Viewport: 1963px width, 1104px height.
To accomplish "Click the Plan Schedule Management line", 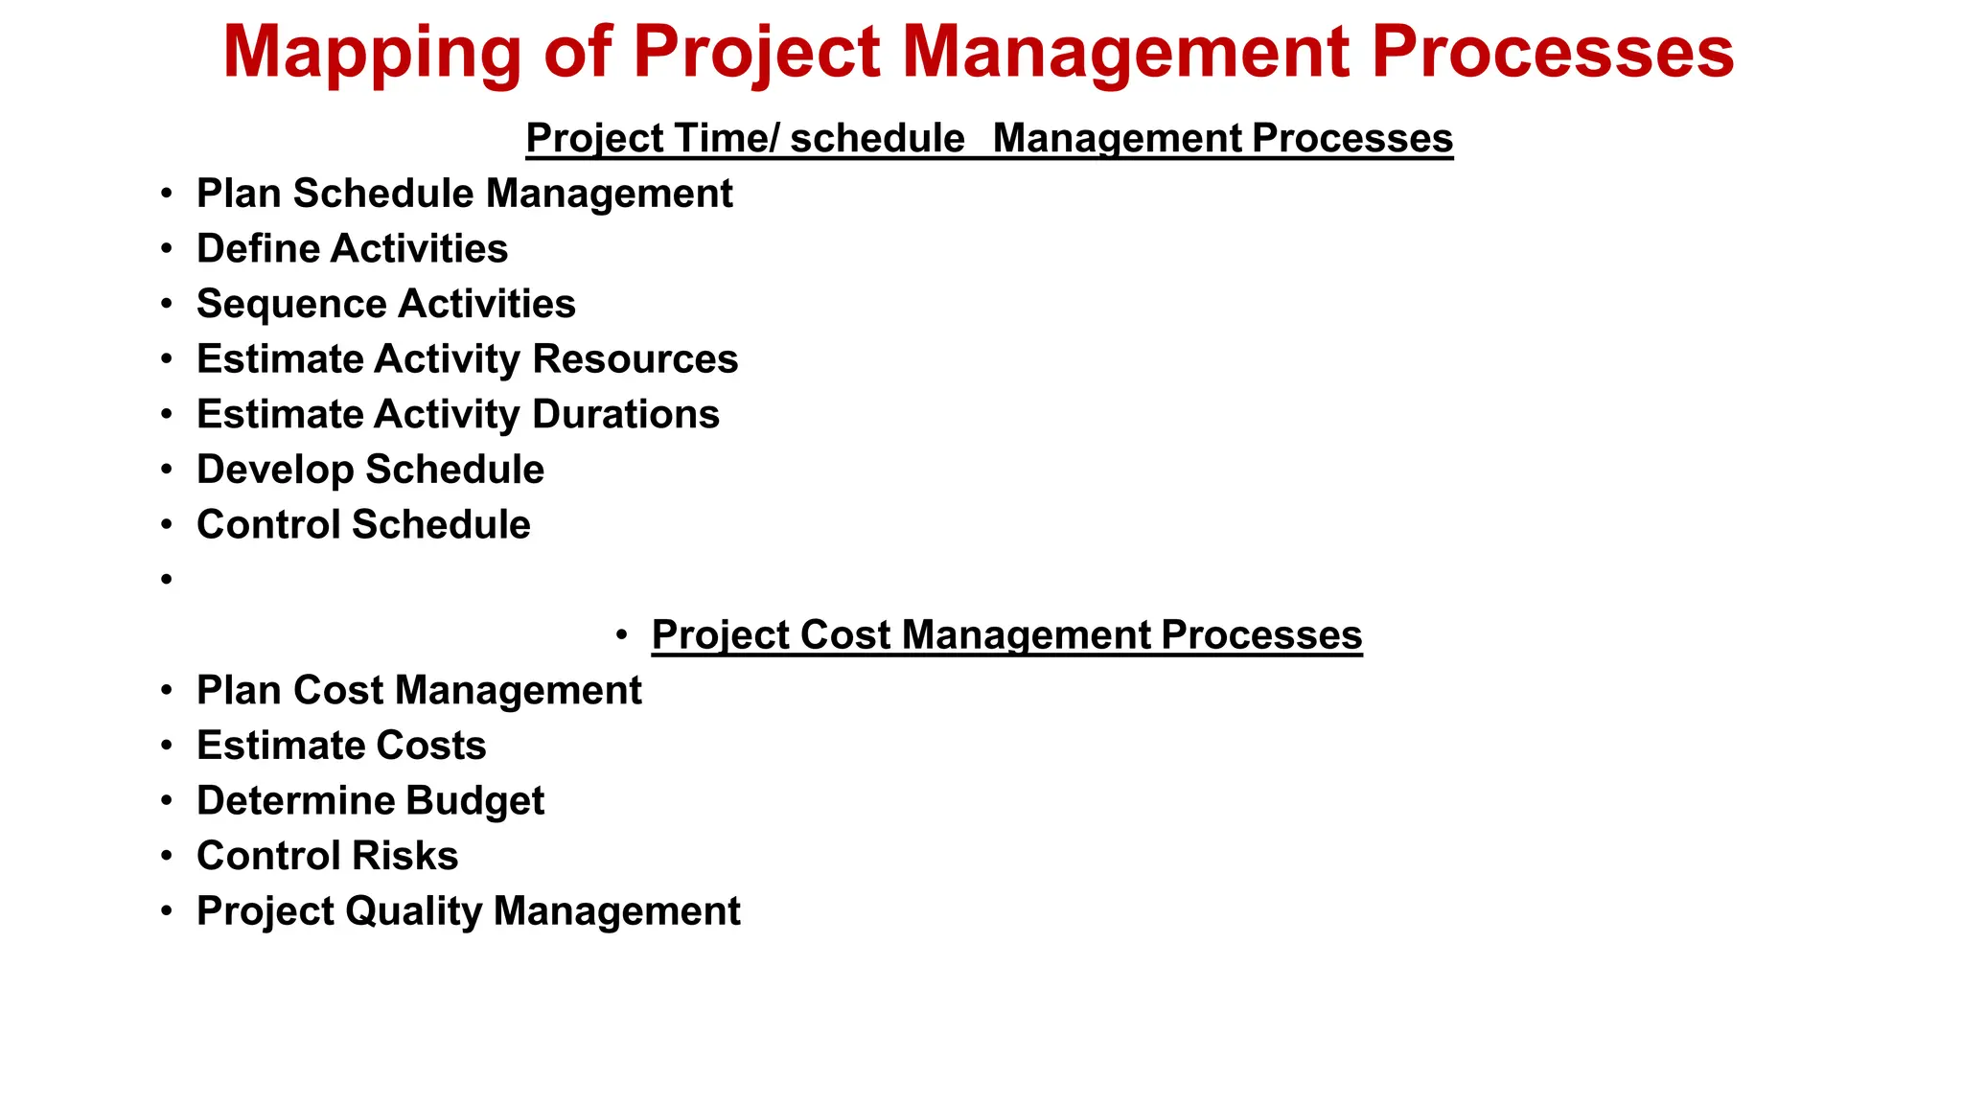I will (x=464, y=194).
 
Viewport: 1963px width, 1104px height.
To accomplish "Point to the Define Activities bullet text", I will (x=352, y=249).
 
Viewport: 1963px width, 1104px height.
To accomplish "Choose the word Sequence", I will (x=277, y=305).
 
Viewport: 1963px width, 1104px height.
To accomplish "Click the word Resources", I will (x=635, y=359).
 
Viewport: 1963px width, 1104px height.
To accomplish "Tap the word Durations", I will (x=625, y=415).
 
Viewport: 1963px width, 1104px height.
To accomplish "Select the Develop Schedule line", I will (x=370, y=470).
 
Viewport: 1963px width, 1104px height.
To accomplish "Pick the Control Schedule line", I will (x=363, y=525).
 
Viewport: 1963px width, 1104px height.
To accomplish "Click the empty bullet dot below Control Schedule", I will (x=167, y=579).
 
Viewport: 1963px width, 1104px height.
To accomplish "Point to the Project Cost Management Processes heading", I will (x=1006, y=635).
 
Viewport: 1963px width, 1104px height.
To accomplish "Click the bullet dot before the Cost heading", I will (x=622, y=634).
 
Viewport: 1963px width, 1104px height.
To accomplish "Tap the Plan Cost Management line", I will (x=419, y=691).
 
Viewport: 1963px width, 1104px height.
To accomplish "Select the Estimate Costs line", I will (x=341, y=746).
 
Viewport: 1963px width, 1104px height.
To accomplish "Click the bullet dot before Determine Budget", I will (x=167, y=800).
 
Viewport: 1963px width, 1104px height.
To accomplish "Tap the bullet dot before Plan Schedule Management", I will (x=167, y=194).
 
